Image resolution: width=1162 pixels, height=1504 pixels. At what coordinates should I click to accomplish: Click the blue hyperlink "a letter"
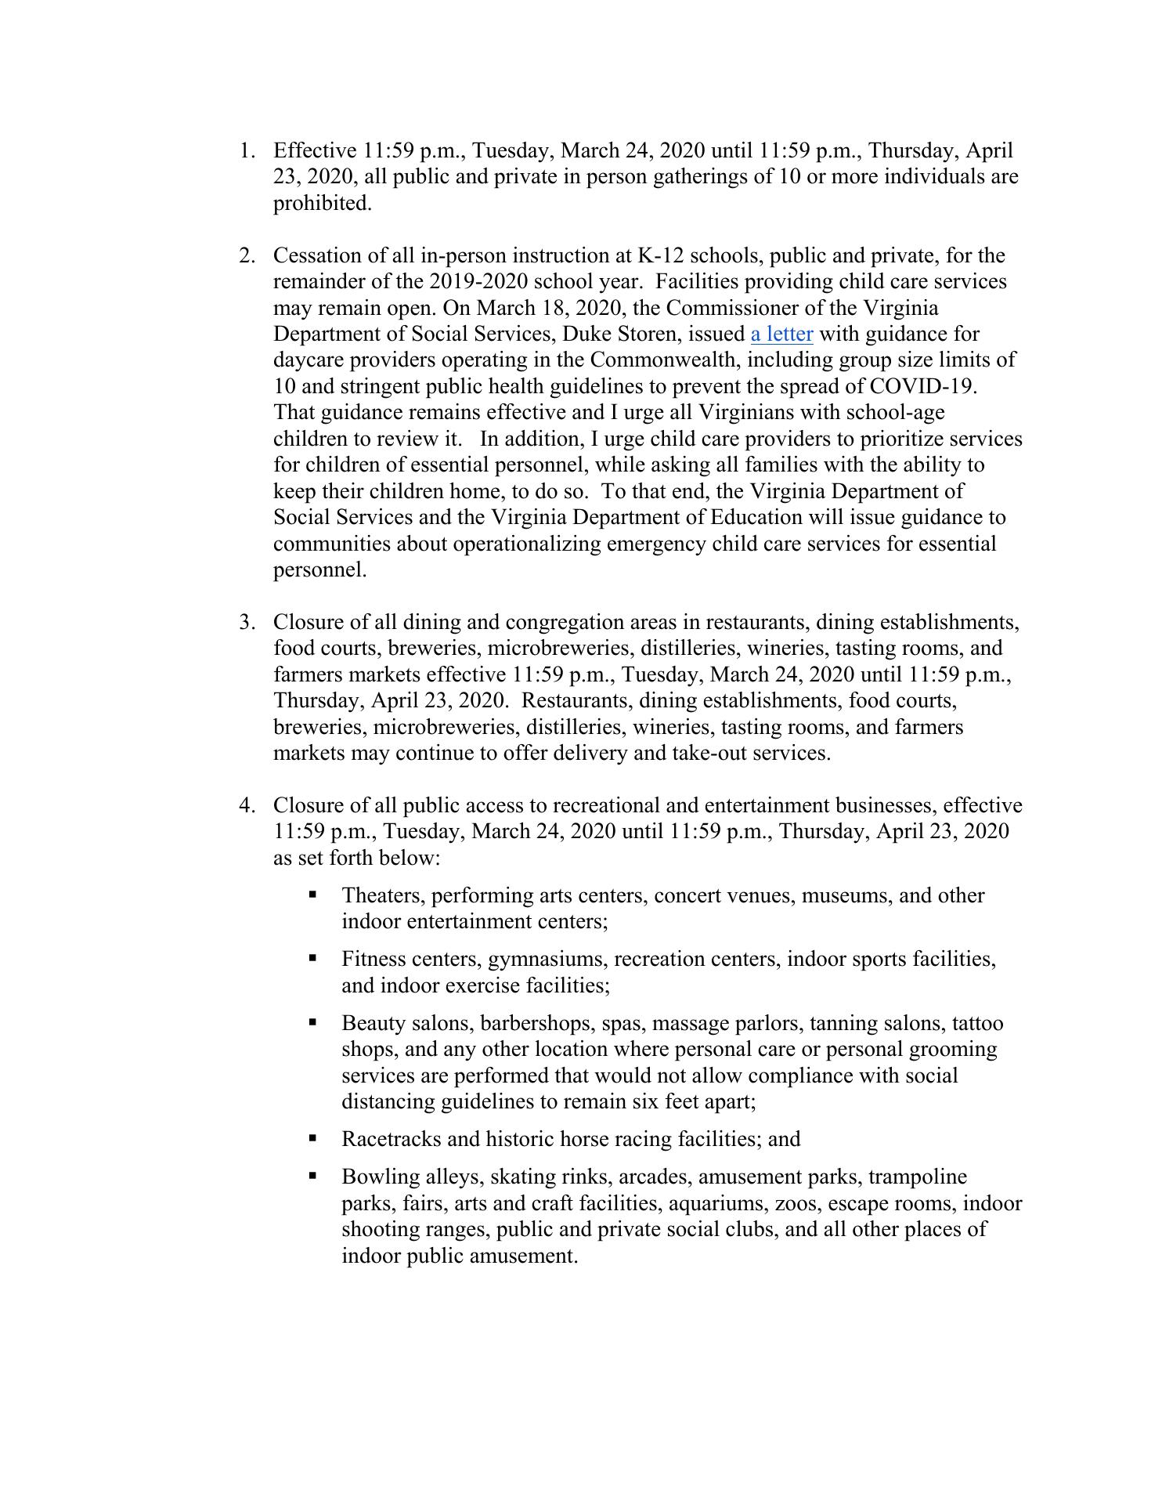(781, 334)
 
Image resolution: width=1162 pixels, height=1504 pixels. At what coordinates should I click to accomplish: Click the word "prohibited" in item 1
(321, 204)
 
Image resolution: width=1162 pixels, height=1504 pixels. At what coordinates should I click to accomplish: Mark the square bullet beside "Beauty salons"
(313, 1021)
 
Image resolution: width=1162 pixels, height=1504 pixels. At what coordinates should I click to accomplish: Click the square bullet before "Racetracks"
(313, 1137)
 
